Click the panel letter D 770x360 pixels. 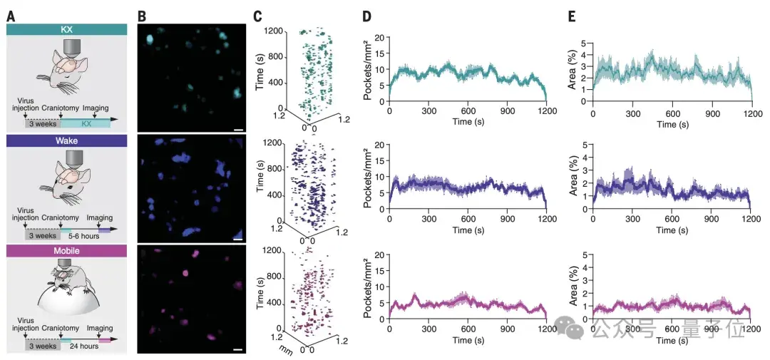[367, 15]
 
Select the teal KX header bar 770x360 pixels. [66, 29]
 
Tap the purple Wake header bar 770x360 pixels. [66, 140]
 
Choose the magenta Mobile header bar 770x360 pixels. [66, 251]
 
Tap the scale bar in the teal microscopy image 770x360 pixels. [237, 130]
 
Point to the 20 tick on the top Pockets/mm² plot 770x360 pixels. [381, 37]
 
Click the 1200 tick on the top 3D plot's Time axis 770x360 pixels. [275, 31]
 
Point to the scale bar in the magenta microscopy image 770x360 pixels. [237, 350]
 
